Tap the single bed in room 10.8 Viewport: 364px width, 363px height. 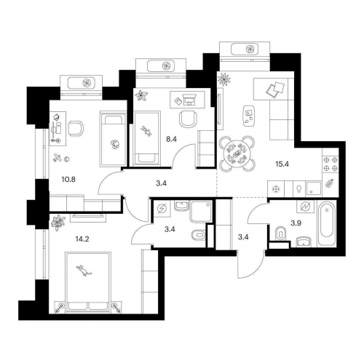tap(113, 138)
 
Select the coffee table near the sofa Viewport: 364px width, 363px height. tap(249, 113)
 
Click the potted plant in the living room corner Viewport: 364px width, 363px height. tap(224, 77)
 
